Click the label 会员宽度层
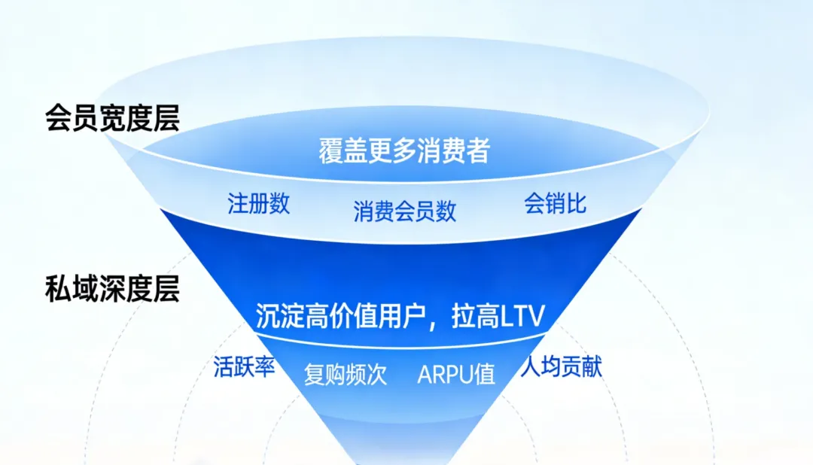coord(112,119)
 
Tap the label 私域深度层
coord(112,289)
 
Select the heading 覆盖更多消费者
coord(404,150)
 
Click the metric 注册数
coord(258,204)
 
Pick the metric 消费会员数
coord(404,211)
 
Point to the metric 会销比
coord(555,204)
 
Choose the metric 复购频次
coord(346,374)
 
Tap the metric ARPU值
coord(456,374)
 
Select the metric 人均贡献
coord(562,367)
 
